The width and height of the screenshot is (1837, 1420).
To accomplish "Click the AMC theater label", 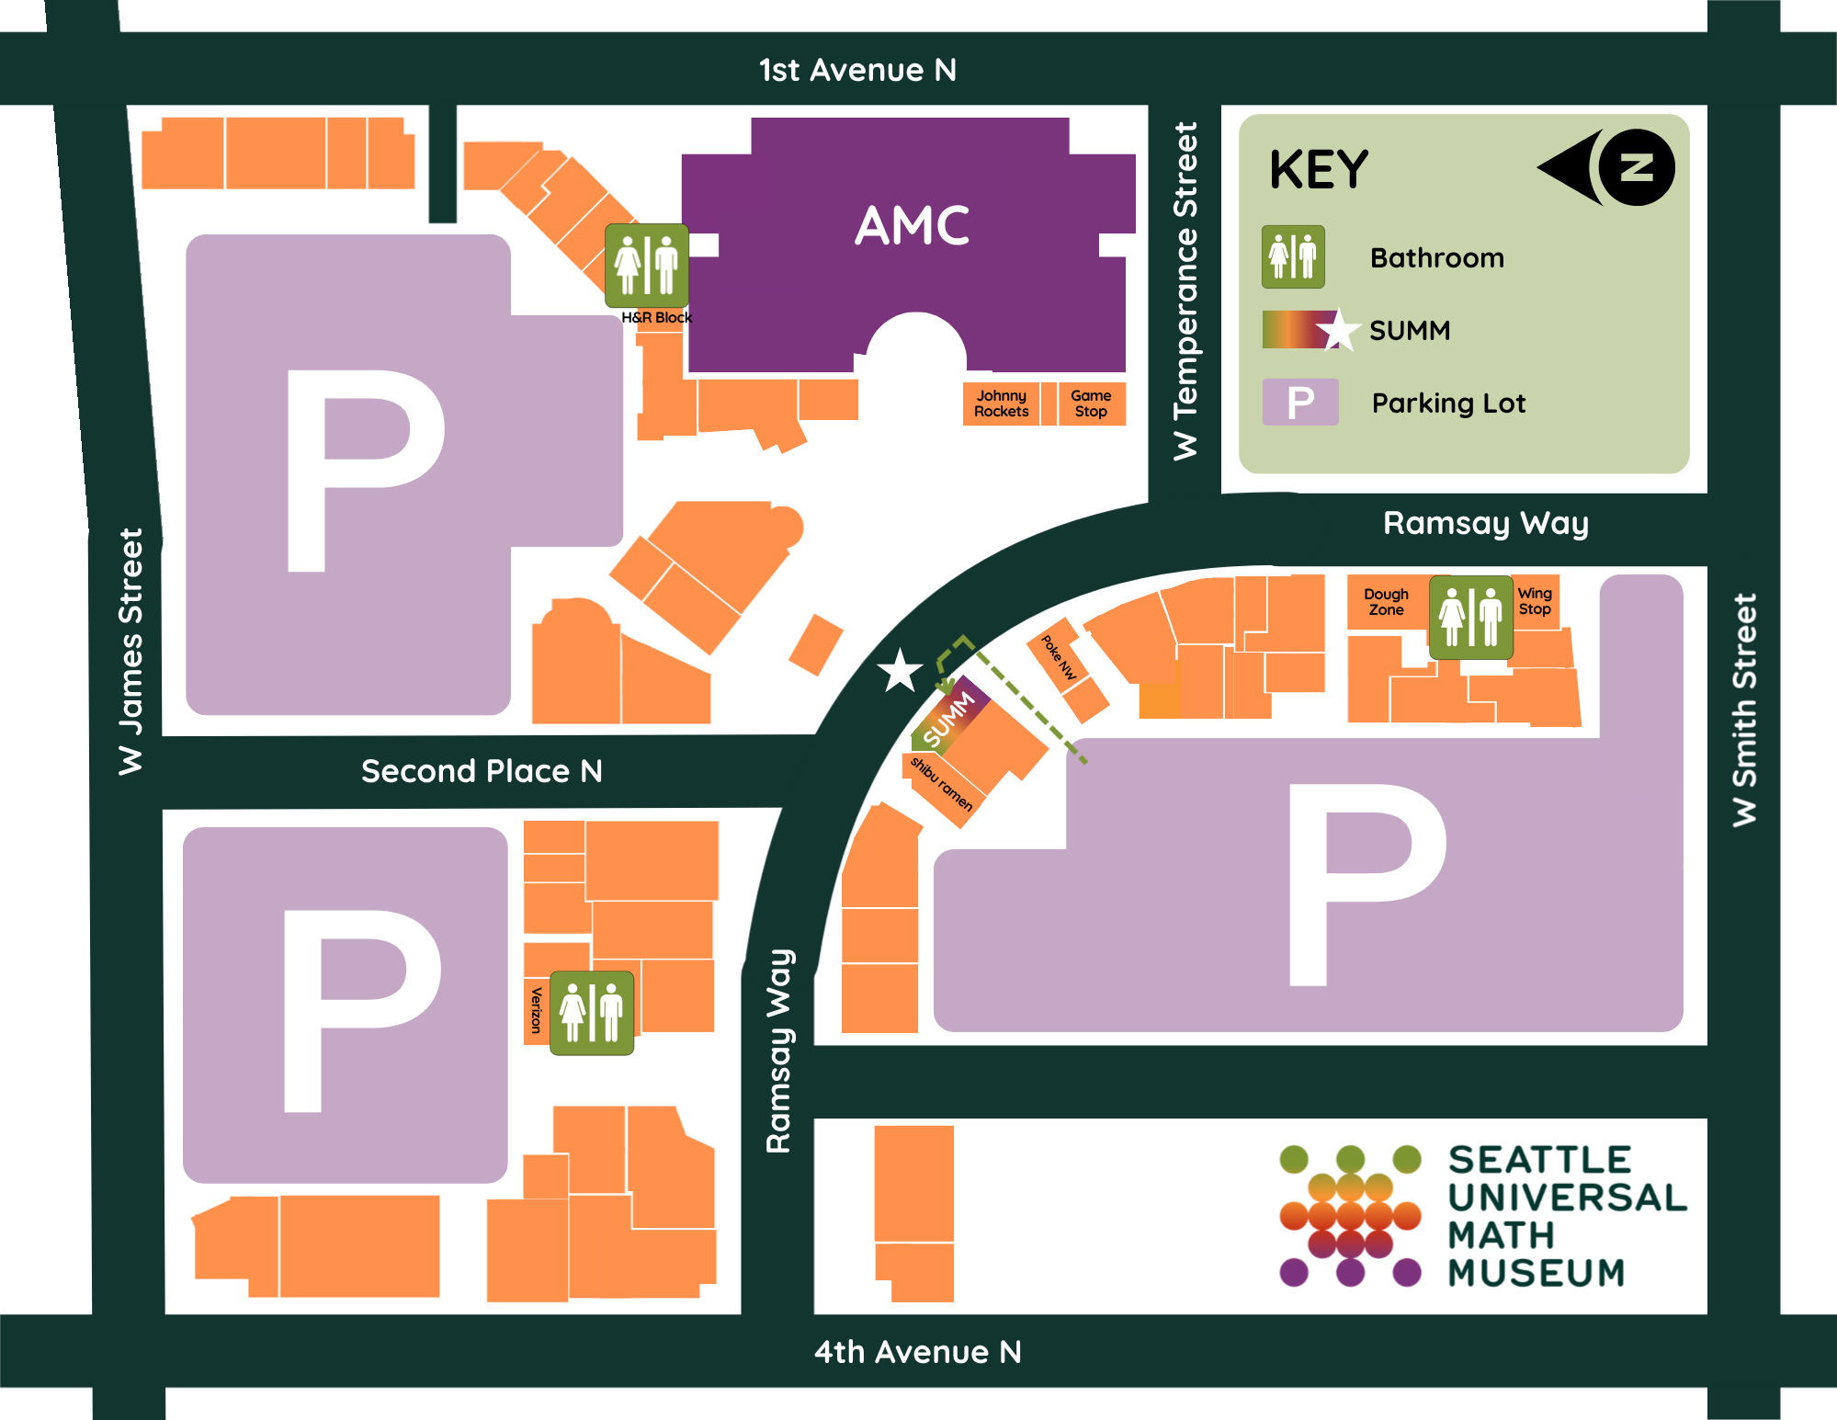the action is pyautogui.click(x=912, y=226).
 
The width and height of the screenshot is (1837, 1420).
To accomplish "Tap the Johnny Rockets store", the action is pyautogui.click(x=1001, y=403).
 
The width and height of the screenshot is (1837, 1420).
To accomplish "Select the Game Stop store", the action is pyautogui.click(x=1091, y=403).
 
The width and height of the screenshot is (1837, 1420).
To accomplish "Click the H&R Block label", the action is pyautogui.click(x=656, y=318).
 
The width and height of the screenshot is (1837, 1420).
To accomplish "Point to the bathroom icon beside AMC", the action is pyautogui.click(x=646, y=266).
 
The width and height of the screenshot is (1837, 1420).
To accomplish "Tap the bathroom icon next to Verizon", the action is pyautogui.click(x=592, y=1013).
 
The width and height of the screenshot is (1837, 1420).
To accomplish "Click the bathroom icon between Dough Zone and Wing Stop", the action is pyautogui.click(x=1470, y=617).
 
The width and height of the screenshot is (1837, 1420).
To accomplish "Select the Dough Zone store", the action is pyautogui.click(x=1386, y=602).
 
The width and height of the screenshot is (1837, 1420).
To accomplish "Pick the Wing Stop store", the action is pyautogui.click(x=1535, y=601).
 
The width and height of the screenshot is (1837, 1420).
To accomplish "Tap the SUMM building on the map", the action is pyautogui.click(x=950, y=718).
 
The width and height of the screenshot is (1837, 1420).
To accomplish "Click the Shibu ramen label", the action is pyautogui.click(x=941, y=784).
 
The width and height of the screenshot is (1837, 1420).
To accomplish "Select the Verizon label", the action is pyautogui.click(x=536, y=1009).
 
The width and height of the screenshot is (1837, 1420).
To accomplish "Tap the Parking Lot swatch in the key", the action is pyautogui.click(x=1299, y=403).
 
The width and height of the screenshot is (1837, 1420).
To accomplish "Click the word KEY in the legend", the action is pyautogui.click(x=1319, y=170).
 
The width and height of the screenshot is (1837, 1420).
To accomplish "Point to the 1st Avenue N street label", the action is pyautogui.click(x=857, y=70).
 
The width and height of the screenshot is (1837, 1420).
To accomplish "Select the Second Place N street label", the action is pyautogui.click(x=482, y=771).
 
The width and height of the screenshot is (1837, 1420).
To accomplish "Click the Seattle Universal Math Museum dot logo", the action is pyautogui.click(x=1350, y=1215).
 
